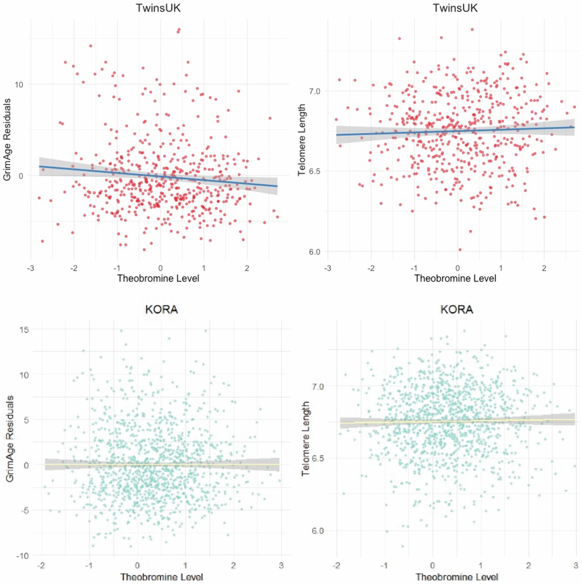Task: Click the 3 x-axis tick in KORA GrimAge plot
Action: tap(280, 565)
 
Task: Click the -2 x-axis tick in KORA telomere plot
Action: tap(337, 565)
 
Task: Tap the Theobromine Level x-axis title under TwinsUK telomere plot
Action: tap(455, 279)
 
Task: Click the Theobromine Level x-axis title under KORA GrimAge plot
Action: tap(161, 577)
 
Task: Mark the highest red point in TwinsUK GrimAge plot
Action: tap(179, 30)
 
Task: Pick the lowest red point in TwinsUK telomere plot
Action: tap(460, 249)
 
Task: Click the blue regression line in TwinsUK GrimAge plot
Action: tap(160, 176)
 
